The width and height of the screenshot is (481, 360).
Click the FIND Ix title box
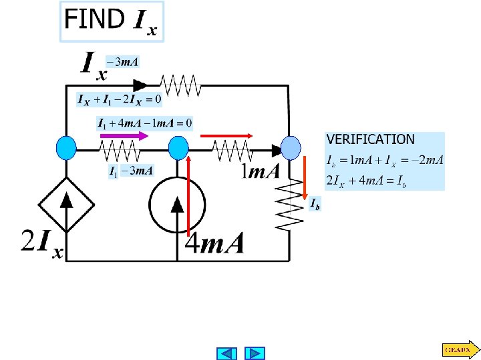(112, 21)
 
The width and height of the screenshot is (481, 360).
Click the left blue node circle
(66, 147)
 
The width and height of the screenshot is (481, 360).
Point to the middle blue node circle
(178, 147)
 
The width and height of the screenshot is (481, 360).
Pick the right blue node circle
(291, 147)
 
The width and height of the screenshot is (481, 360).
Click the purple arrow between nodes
(124, 135)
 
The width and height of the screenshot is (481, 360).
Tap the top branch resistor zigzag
(179, 85)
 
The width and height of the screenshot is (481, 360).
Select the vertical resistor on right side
(291, 203)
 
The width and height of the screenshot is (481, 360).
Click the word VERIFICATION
(370, 139)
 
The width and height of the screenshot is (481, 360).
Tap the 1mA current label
(261, 173)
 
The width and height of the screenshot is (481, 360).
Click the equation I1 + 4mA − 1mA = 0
(145, 123)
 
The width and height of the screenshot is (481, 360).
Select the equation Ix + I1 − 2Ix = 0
(119, 100)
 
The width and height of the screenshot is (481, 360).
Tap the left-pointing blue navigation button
(228, 353)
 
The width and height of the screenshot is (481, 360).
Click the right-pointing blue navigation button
(255, 353)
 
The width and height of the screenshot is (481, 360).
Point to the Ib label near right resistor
(314, 204)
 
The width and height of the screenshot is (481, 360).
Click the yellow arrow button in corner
(460, 348)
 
